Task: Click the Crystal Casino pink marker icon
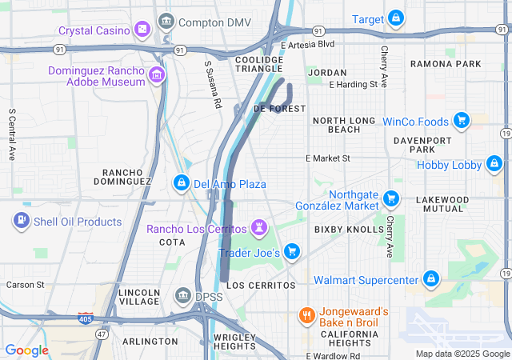[x=142, y=30]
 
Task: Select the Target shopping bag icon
[x=396, y=18]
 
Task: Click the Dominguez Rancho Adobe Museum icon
[x=157, y=77]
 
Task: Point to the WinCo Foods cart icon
[x=461, y=121]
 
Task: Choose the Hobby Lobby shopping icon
[x=494, y=166]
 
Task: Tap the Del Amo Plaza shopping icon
[x=182, y=184]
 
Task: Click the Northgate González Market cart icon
[x=391, y=198]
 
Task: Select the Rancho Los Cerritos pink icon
[x=259, y=229]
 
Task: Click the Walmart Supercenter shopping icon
[x=431, y=279]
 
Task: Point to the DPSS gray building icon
[x=182, y=297]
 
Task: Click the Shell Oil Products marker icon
[x=22, y=221]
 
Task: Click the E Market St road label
[x=328, y=158]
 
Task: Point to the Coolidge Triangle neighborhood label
[x=259, y=64]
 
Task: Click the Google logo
[x=27, y=350]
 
